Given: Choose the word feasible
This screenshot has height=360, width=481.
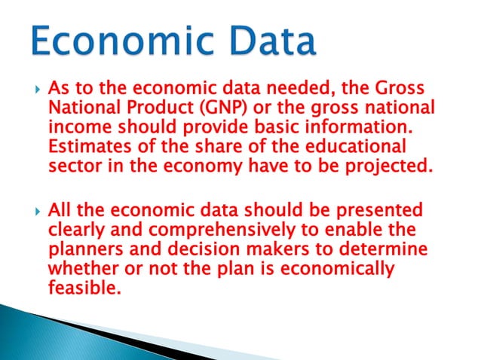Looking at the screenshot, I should click(x=83, y=288).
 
